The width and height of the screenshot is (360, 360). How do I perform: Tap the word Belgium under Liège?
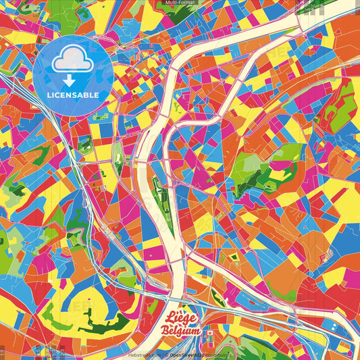click(182, 331)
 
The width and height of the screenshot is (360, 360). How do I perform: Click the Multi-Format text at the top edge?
click(180, 3)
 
